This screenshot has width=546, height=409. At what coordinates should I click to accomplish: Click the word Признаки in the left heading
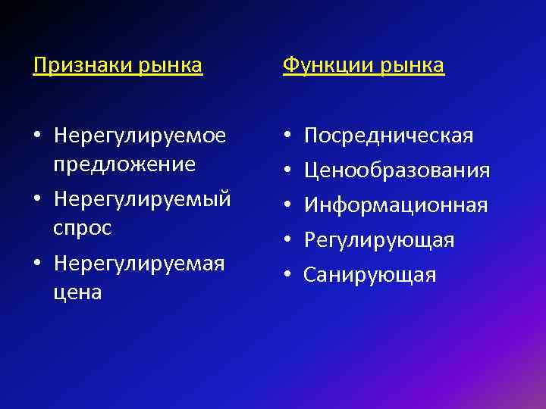pyautogui.click(x=83, y=66)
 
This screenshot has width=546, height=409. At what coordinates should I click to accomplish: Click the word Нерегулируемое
pyautogui.click(x=140, y=136)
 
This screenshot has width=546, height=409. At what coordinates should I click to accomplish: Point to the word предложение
pyautogui.click(x=124, y=163)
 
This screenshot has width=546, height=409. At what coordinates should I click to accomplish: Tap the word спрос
pyautogui.click(x=83, y=227)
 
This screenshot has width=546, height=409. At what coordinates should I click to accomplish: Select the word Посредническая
pyautogui.click(x=388, y=136)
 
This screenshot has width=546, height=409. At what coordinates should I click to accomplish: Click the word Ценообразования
pyautogui.click(x=397, y=170)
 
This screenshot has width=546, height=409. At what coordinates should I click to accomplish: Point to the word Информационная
pyautogui.click(x=396, y=205)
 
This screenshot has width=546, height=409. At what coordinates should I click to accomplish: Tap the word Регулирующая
pyautogui.click(x=379, y=240)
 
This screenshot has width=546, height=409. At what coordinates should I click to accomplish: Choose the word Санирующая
pyautogui.click(x=370, y=274)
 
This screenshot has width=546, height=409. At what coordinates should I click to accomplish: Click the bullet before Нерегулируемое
pyautogui.click(x=37, y=137)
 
